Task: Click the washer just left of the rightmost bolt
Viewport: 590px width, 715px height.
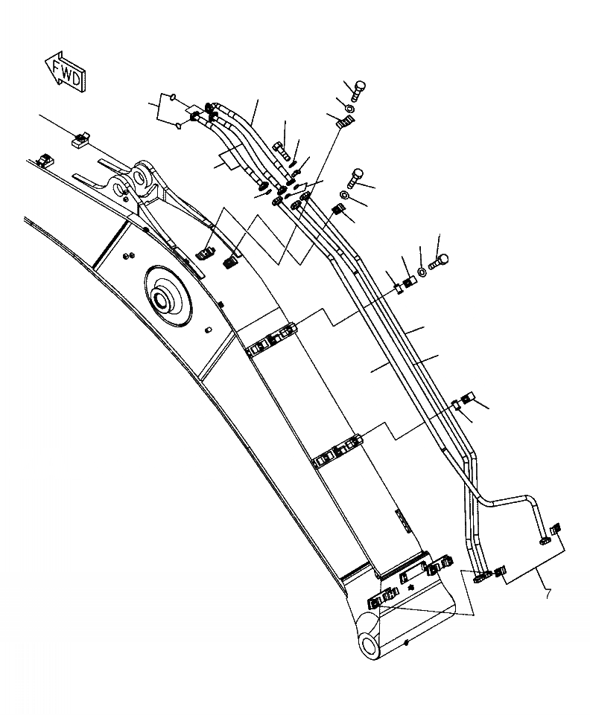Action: pyautogui.click(x=422, y=272)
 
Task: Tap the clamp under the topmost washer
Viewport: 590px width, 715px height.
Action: pyautogui.click(x=345, y=122)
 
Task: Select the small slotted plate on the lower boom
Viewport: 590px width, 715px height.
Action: pyautogui.click(x=402, y=521)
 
